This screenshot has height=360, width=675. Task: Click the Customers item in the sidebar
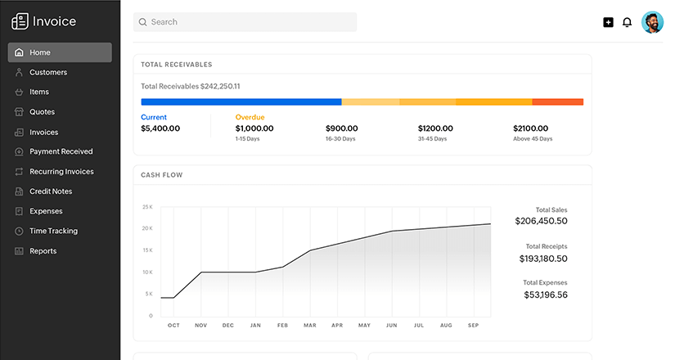(48, 72)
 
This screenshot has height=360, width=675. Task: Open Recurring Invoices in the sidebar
(61, 172)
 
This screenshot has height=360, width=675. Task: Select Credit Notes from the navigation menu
(51, 191)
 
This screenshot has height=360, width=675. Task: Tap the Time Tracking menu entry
(53, 231)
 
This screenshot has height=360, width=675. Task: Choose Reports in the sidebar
(43, 251)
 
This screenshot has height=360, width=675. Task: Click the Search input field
(245, 22)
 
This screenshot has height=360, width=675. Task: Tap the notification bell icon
(628, 22)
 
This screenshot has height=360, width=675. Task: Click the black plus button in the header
(608, 22)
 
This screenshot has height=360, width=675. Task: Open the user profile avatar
(652, 22)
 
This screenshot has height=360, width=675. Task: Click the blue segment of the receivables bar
(241, 102)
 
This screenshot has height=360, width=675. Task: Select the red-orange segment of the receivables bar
(557, 102)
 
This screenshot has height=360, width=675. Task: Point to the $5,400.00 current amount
(160, 128)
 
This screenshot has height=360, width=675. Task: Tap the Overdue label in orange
(250, 117)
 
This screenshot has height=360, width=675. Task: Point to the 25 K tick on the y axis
(147, 207)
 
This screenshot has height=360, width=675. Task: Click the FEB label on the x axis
(282, 326)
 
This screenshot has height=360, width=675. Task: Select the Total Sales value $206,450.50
(541, 221)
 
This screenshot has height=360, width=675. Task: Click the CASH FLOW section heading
(162, 175)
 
